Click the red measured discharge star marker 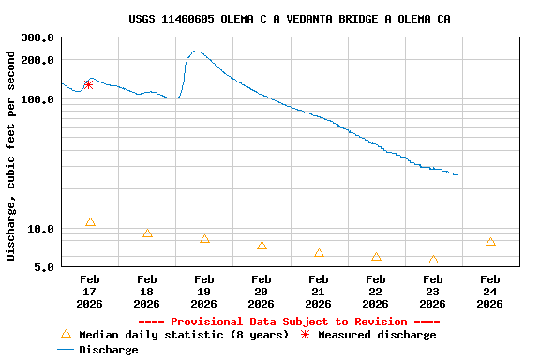88,84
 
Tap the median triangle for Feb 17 90,222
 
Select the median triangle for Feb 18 147,233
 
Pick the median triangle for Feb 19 204,239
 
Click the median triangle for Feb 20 262,245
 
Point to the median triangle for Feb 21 319,253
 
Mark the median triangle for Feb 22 376,257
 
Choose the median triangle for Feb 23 433,260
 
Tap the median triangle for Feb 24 490,242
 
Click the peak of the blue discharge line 195,52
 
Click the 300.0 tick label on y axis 37,38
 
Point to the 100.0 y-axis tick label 37,99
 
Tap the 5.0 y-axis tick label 44,268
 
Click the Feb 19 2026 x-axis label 204,292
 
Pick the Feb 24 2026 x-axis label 490,292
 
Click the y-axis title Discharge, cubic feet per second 11,155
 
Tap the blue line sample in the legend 66,350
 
